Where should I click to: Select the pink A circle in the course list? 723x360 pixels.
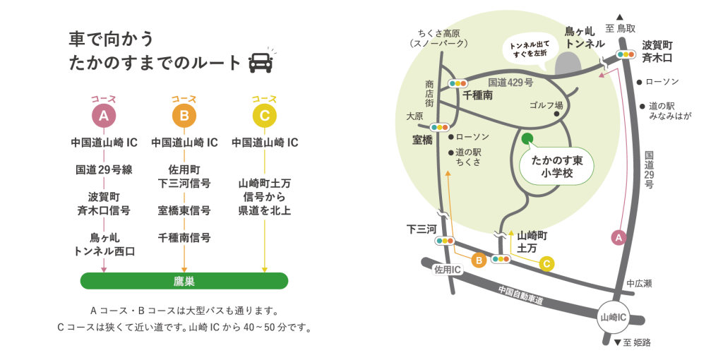pos(104,115)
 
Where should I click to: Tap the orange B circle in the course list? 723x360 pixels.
pos(184,115)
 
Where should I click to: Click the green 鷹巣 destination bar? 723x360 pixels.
pos(184,281)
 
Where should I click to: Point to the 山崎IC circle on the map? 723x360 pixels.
pos(613,317)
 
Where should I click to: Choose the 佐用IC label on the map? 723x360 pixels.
pos(448,270)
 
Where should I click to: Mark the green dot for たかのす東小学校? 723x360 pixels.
pos(527,137)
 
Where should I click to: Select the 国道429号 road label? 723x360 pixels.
pos(510,83)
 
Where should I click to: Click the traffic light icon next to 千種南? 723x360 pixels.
pos(458,83)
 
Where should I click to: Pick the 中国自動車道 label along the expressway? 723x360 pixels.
pos(521,296)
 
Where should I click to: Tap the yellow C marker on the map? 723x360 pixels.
pos(546,264)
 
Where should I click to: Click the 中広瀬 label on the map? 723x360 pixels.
pos(638,283)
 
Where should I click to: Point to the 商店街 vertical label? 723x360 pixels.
pos(429,93)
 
